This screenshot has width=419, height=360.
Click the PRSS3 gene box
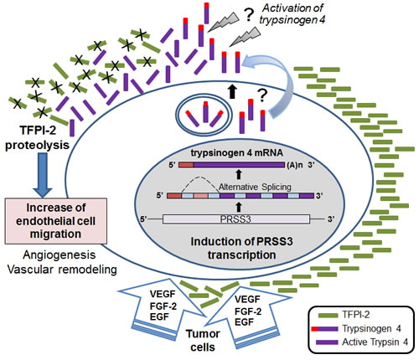pos(236,219)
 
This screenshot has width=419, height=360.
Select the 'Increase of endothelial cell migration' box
pos(56,221)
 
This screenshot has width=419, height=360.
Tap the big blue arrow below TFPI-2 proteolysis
pos(43,175)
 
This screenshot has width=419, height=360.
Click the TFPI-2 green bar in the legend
pos(328,316)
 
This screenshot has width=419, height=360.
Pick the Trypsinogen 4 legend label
pos(371,328)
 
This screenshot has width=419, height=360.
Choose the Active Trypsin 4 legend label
pos(375,342)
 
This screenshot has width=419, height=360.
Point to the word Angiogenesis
pos(59,255)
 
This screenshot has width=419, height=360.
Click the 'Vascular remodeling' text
pos(62,270)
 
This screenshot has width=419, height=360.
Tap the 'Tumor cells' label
pos(203,341)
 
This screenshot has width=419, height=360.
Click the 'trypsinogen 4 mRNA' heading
pos(237,153)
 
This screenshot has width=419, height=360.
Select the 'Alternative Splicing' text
pos(255,187)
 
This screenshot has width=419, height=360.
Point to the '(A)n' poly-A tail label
pos(295,165)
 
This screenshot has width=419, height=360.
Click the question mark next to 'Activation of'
pos(247,15)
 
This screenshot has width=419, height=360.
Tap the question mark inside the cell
pos(261,95)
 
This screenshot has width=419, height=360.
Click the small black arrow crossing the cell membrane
pos(232,90)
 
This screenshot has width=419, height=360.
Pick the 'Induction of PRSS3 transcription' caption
pos(241,248)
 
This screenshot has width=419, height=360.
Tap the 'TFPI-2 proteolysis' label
pos(38,138)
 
